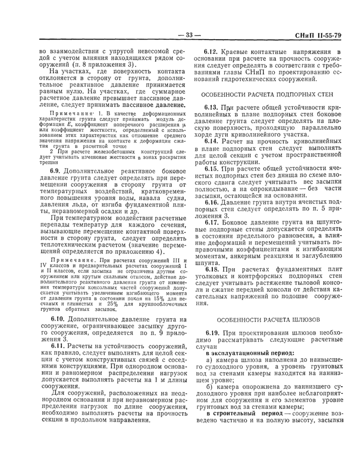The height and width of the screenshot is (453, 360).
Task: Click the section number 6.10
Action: click(x=58, y=319)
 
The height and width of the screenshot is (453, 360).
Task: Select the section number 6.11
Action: click(x=58, y=346)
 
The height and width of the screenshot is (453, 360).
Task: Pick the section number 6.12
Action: click(x=212, y=52)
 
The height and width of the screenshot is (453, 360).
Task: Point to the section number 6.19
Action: click(x=212, y=334)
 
